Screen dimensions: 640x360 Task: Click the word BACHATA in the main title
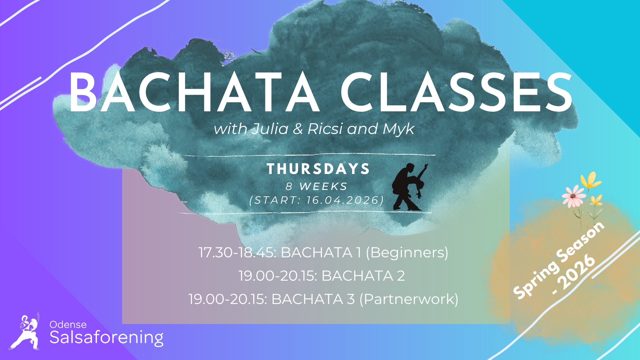click(x=194, y=92)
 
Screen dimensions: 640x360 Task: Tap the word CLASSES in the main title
click(x=456, y=92)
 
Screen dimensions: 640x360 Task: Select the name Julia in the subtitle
click(x=270, y=129)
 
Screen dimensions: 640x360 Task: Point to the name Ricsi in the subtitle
click(x=325, y=129)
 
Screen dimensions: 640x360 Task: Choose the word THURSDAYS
click(x=318, y=169)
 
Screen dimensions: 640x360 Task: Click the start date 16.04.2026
click(x=343, y=200)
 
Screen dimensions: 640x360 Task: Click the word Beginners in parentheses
click(x=407, y=253)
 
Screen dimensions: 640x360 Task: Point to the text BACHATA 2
click(x=363, y=276)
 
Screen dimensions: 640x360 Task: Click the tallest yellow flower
click(x=591, y=180)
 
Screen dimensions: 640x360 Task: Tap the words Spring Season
click(x=559, y=260)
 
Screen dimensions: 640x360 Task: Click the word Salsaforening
click(x=106, y=338)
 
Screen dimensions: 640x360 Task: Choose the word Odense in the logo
click(x=68, y=324)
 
